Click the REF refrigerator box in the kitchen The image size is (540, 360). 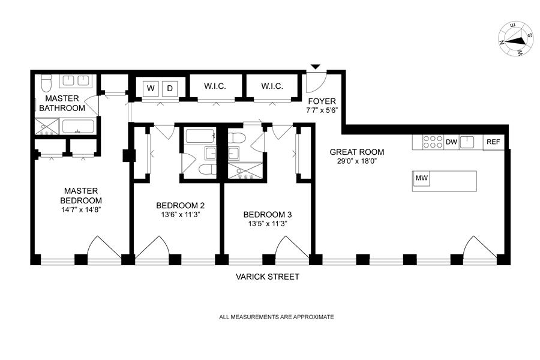(x=494, y=142)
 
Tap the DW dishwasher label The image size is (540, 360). (x=451, y=142)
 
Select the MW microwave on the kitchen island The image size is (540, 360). (x=421, y=178)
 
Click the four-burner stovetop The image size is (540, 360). (x=433, y=142)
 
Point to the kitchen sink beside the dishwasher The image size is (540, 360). (x=467, y=142)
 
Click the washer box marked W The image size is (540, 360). (x=151, y=89)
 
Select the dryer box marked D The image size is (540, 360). (x=169, y=89)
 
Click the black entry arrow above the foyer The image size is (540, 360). (x=316, y=67)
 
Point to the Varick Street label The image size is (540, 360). (x=267, y=277)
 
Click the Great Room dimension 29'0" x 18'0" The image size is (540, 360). (x=356, y=161)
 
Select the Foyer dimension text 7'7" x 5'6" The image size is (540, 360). (x=322, y=110)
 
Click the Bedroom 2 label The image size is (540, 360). (x=180, y=206)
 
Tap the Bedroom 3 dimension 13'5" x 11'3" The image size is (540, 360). (x=268, y=224)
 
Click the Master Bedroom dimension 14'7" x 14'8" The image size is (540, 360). (x=81, y=209)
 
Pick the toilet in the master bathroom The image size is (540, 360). (x=46, y=82)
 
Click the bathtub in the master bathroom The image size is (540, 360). (x=78, y=126)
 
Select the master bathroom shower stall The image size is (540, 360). (x=47, y=127)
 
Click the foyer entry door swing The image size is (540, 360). (x=316, y=83)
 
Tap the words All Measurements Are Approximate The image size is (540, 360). (x=277, y=317)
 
